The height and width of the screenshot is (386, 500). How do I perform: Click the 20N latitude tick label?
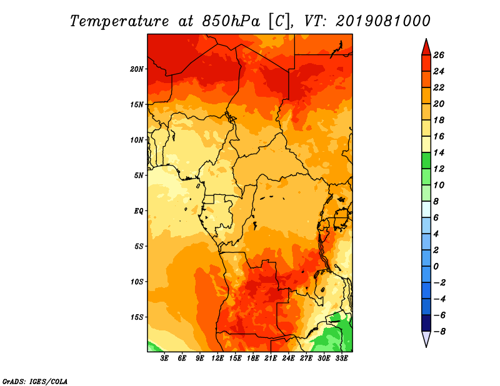137,69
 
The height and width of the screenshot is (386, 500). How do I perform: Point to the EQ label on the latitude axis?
139,211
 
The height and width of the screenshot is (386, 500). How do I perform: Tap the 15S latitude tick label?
137,317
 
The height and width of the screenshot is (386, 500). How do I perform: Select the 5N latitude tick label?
139,176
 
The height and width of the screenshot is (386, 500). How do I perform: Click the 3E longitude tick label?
164,359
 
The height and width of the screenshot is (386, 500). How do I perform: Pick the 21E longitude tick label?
271,359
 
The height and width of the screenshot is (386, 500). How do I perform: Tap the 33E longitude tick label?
341,359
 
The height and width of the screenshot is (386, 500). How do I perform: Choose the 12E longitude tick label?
217,359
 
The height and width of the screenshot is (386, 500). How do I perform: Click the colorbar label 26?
439,55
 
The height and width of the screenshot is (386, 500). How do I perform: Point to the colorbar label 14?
439,152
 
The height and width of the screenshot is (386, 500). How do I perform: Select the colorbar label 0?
436,266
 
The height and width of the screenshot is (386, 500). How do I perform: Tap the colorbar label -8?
439,332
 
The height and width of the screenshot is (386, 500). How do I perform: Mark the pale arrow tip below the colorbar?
426,347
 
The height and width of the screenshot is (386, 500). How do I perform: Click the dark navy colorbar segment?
426,323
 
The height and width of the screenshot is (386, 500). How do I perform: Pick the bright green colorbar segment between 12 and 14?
426,161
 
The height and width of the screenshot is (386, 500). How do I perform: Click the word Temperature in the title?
119,21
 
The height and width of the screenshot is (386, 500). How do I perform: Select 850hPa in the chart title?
231,21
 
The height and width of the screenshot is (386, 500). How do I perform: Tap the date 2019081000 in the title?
383,21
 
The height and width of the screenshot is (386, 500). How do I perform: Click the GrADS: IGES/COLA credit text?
35,382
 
